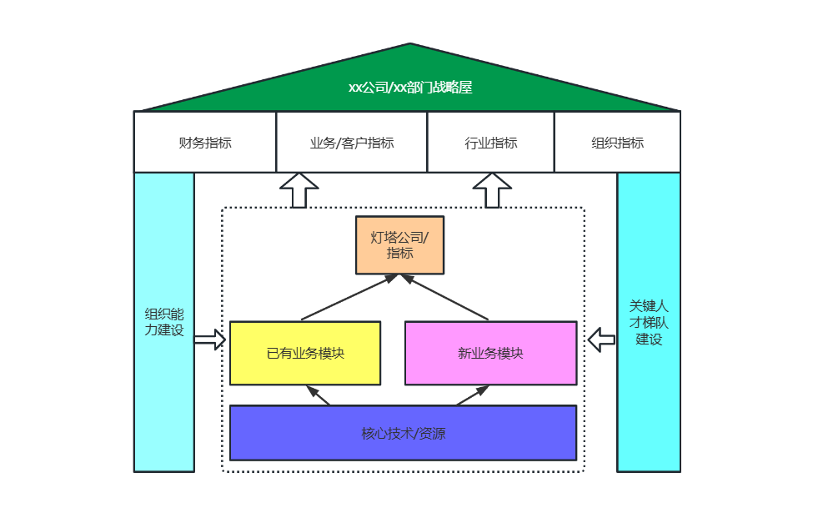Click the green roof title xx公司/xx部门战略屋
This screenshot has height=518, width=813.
click(x=410, y=87)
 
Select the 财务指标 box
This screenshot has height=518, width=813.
click(x=205, y=143)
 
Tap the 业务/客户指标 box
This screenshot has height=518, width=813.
click(x=351, y=143)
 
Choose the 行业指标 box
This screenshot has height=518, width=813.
click(x=490, y=143)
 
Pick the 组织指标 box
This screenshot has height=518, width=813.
click(x=617, y=143)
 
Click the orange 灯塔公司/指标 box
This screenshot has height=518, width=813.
click(x=400, y=245)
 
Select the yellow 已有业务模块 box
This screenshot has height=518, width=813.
click(x=305, y=353)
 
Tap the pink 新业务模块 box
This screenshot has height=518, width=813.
click(x=490, y=353)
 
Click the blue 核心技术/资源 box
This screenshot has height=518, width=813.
click(x=403, y=433)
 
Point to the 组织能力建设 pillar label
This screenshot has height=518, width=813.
click(x=164, y=322)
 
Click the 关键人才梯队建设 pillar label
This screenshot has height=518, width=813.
click(x=649, y=322)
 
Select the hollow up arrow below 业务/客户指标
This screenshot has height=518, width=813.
click(x=299, y=190)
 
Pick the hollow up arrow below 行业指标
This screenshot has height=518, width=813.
click(x=492, y=190)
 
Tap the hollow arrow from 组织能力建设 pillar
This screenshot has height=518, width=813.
click(x=210, y=339)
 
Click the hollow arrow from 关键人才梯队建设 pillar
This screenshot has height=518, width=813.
click(x=601, y=339)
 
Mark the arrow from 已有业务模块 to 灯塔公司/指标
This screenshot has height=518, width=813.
click(x=349, y=298)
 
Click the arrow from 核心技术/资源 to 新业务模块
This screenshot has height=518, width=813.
click(x=473, y=395)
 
